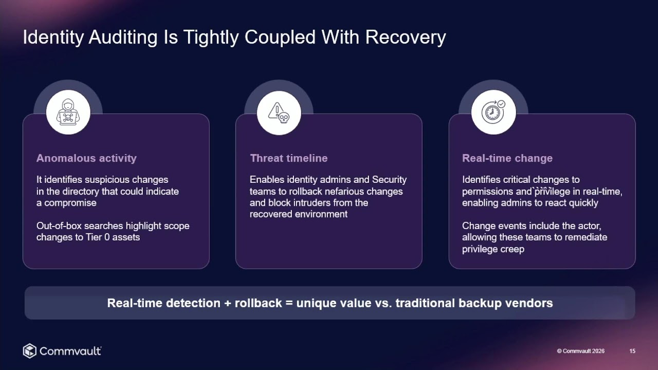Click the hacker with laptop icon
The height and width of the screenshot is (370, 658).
tap(68, 112)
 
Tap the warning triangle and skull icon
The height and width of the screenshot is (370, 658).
tap(279, 113)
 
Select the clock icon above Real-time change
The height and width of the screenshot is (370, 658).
tap(493, 112)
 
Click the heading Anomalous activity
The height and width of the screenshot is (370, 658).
tap(86, 158)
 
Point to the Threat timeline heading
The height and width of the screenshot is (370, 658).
tap(289, 158)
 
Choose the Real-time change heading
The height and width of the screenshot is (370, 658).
tap(507, 158)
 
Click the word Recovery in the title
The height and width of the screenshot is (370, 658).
tap(406, 38)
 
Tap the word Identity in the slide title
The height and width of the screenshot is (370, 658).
tap(53, 38)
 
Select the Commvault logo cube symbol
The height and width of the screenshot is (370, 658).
tap(30, 350)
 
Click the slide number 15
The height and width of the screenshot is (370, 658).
tap(632, 351)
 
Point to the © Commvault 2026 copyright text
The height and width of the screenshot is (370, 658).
tap(581, 351)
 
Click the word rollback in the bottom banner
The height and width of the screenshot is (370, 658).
tap(258, 303)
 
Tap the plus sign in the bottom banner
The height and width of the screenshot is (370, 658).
tap(228, 303)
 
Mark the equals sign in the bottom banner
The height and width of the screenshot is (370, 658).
tap(289, 303)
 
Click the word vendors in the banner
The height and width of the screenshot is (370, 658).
tap(529, 303)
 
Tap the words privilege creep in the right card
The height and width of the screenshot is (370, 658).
tap(493, 249)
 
